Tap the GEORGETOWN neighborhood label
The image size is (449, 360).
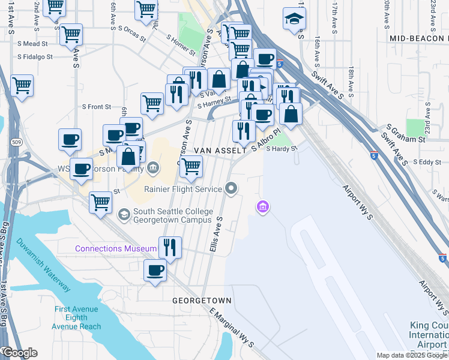[x=202, y=299]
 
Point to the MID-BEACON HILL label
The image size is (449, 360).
[x=419, y=38]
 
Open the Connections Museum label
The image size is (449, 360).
[x=115, y=248]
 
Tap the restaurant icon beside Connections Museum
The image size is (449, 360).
[x=170, y=248]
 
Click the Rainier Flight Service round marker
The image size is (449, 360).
[x=232, y=190]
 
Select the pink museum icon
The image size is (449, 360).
[x=262, y=208]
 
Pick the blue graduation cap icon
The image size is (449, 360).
[x=294, y=19]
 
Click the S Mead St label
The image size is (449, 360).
[x=32, y=44]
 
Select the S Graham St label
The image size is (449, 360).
[x=406, y=133]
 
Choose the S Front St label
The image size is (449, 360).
[x=97, y=107]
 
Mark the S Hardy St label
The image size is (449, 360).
[x=282, y=148]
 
